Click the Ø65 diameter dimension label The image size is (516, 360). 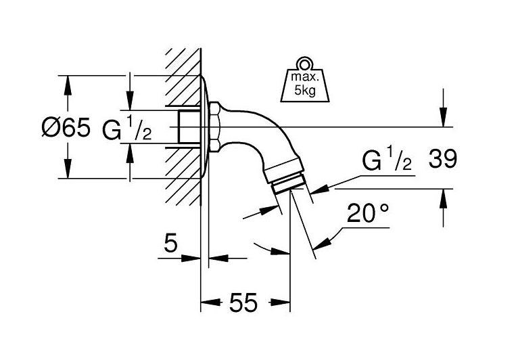coord(66,127)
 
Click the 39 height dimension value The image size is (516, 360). coord(443,160)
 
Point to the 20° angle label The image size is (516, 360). coord(368,214)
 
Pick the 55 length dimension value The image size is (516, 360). coord(243,304)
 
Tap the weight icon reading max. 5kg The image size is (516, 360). coord(304,83)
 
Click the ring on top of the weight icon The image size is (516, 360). coord(304,65)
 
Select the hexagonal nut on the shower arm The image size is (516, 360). coord(214,127)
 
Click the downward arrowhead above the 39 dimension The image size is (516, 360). coord(443,119)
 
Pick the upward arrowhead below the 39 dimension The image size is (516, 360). coord(443,197)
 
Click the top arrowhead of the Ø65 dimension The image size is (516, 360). coord(67,82)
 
